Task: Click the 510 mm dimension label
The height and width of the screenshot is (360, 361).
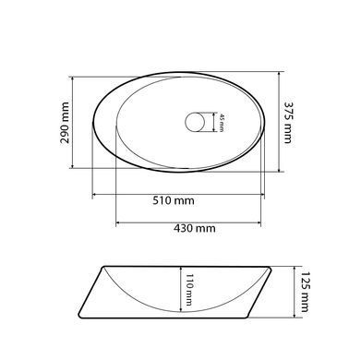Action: [x=174, y=200]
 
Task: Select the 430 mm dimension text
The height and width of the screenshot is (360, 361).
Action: [x=195, y=228]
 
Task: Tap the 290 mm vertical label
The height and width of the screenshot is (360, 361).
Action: [x=65, y=123]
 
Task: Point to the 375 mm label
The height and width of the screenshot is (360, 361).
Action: [x=287, y=123]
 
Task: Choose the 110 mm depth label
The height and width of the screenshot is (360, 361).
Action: [x=188, y=290]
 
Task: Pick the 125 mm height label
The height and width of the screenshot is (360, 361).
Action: [x=305, y=292]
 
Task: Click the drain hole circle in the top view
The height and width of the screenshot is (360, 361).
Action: [x=195, y=122]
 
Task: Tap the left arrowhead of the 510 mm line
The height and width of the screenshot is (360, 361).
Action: [x=95, y=195]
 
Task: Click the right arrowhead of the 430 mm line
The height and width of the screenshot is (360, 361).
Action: [x=259, y=222]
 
